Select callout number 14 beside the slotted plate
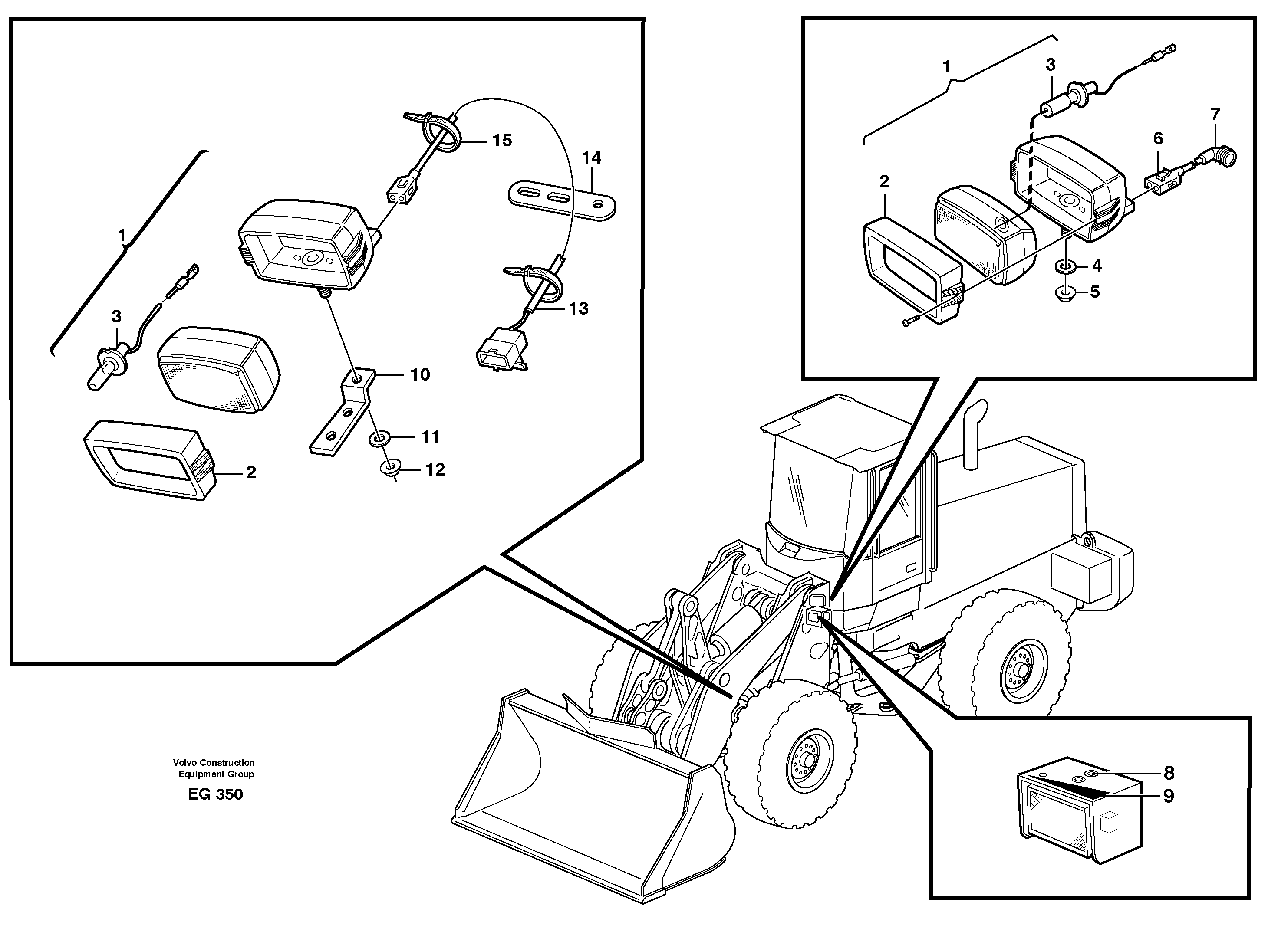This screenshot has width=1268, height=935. click(x=591, y=157)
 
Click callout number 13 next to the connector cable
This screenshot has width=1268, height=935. click(x=578, y=308)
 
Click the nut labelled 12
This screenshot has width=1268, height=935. click(x=390, y=469)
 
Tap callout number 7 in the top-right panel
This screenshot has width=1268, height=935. click(x=1215, y=115)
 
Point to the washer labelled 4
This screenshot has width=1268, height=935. click(x=1065, y=266)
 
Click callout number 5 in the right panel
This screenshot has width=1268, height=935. click(x=1094, y=292)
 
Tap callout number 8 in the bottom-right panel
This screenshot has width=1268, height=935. click(x=1168, y=773)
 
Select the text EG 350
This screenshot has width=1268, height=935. click(x=215, y=794)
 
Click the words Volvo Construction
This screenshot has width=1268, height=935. click(x=214, y=762)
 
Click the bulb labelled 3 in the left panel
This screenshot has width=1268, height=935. click(x=111, y=362)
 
